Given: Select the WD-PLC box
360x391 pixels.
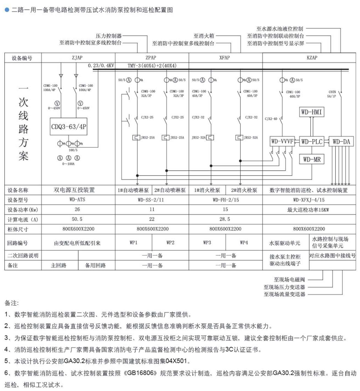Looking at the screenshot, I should [311, 142].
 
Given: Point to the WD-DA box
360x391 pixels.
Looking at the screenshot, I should [341, 142].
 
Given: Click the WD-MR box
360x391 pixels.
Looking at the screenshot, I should [311, 159].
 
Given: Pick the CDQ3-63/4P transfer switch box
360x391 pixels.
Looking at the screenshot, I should [69, 126].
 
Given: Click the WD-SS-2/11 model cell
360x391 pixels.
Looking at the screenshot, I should [152, 200].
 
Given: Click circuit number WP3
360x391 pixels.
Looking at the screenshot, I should [207, 243].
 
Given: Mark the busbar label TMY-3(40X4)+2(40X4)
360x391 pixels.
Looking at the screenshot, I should [153, 66].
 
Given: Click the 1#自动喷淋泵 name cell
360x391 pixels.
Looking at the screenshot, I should [133, 190].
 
